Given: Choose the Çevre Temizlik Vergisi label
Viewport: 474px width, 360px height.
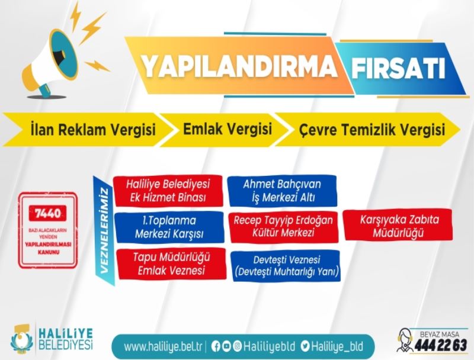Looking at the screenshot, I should (372, 130).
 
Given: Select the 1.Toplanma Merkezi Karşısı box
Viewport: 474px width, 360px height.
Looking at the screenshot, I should (169, 227).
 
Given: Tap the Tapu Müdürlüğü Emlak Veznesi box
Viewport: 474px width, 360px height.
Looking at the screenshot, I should (169, 264).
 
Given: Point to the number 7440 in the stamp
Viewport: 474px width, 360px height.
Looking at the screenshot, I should (48, 211).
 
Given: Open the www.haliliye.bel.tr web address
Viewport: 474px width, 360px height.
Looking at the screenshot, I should (161, 345).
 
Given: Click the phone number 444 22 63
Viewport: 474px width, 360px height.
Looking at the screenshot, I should (441, 345).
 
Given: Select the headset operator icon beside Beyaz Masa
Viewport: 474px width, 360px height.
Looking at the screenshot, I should (406, 340).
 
